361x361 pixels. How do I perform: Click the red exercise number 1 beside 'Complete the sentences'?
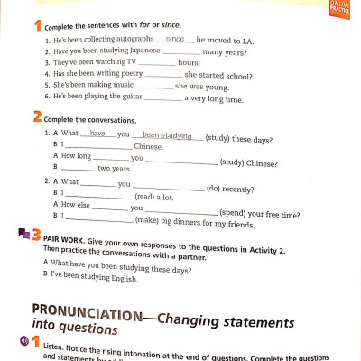(36, 25)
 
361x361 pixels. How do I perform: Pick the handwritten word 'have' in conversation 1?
(98, 134)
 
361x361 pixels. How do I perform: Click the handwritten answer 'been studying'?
(167, 136)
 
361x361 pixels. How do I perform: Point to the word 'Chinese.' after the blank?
(148, 146)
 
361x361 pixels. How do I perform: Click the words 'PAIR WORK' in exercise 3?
(64, 241)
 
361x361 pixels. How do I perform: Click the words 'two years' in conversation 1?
(114, 169)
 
